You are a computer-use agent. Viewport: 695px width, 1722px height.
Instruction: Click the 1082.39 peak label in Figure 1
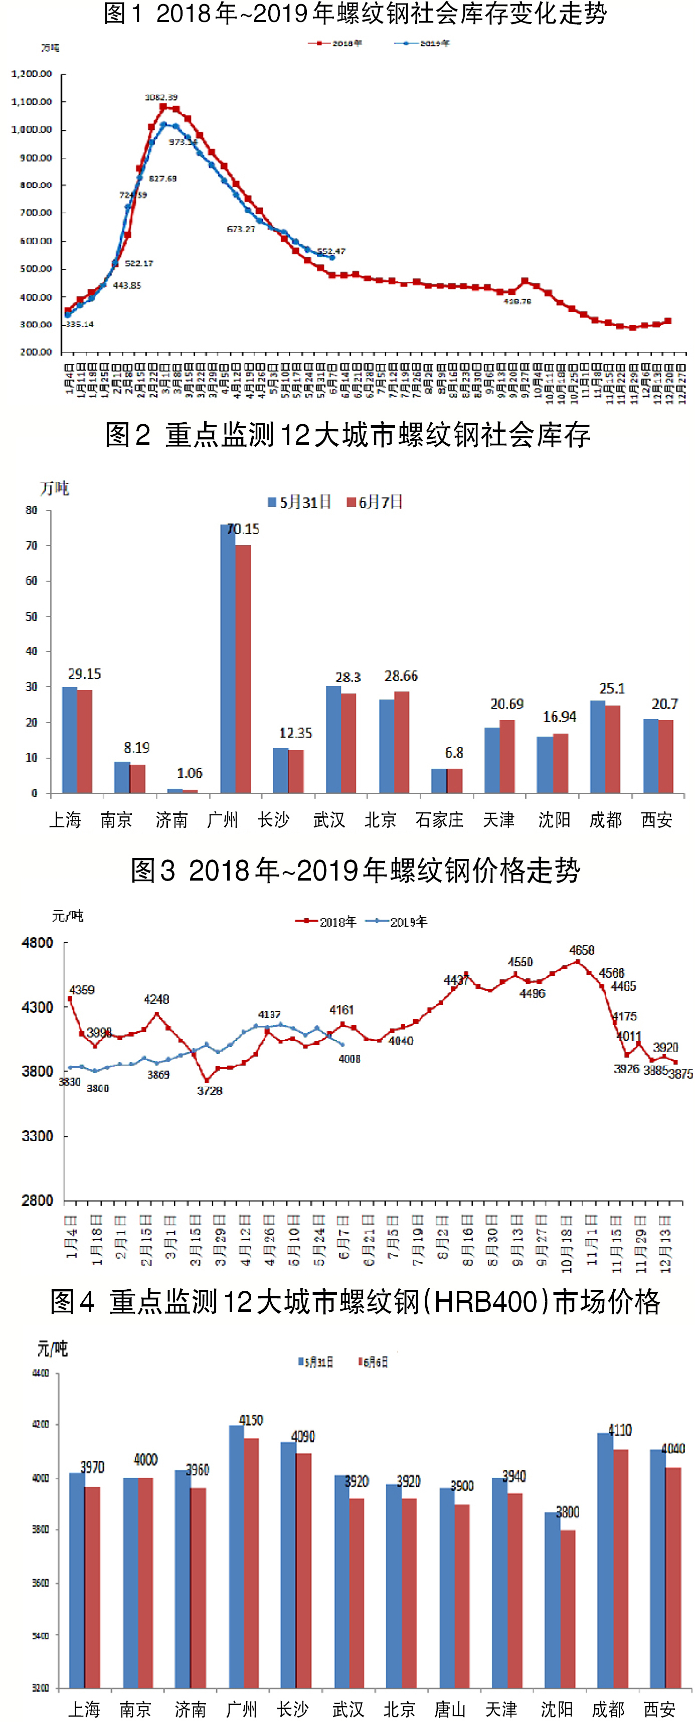pyautogui.click(x=161, y=97)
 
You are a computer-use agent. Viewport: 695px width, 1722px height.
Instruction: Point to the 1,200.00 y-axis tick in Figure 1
pyautogui.click(x=32, y=74)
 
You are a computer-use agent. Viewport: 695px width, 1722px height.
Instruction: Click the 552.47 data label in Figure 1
pyautogui.click(x=331, y=251)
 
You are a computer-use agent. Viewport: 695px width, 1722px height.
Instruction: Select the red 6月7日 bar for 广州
pyautogui.click(x=243, y=668)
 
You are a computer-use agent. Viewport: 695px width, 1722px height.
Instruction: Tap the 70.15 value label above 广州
pyautogui.click(x=243, y=529)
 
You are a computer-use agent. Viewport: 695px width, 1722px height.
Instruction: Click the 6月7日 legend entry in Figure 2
pyautogui.click(x=375, y=502)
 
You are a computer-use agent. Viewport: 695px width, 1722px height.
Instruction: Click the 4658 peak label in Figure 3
pyautogui.click(x=581, y=950)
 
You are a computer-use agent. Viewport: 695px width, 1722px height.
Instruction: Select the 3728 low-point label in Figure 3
pyautogui.click(x=209, y=1091)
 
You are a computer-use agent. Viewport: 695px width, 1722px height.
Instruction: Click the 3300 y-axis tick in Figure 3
pyautogui.click(x=38, y=1136)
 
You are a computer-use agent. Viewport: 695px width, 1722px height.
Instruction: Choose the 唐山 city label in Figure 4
pyautogui.click(x=450, y=1709)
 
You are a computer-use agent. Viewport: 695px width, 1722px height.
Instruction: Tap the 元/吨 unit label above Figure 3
pyautogui.click(x=68, y=916)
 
